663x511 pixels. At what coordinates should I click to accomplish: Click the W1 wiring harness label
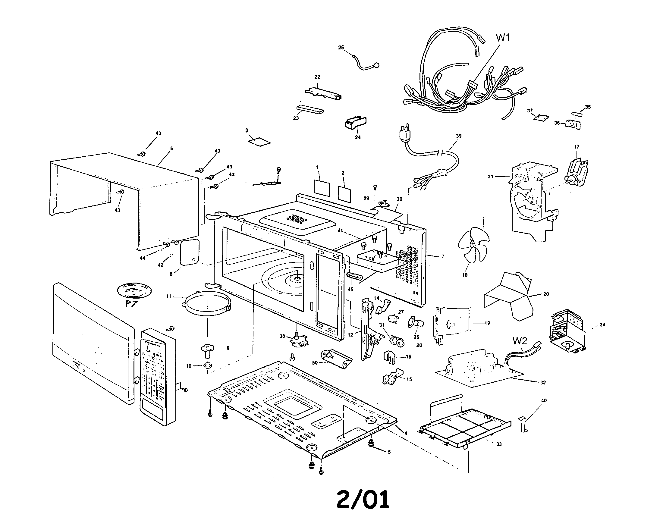[x=503, y=38]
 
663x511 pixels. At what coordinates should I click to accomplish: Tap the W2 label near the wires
[x=520, y=341]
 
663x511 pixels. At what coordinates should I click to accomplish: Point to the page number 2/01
[x=363, y=499]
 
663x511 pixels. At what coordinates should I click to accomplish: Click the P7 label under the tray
[x=131, y=304]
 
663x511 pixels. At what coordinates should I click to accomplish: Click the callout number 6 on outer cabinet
[x=172, y=148]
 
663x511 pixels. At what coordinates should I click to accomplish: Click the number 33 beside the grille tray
[x=499, y=444]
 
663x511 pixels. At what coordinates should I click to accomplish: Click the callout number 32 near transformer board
[x=543, y=383]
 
